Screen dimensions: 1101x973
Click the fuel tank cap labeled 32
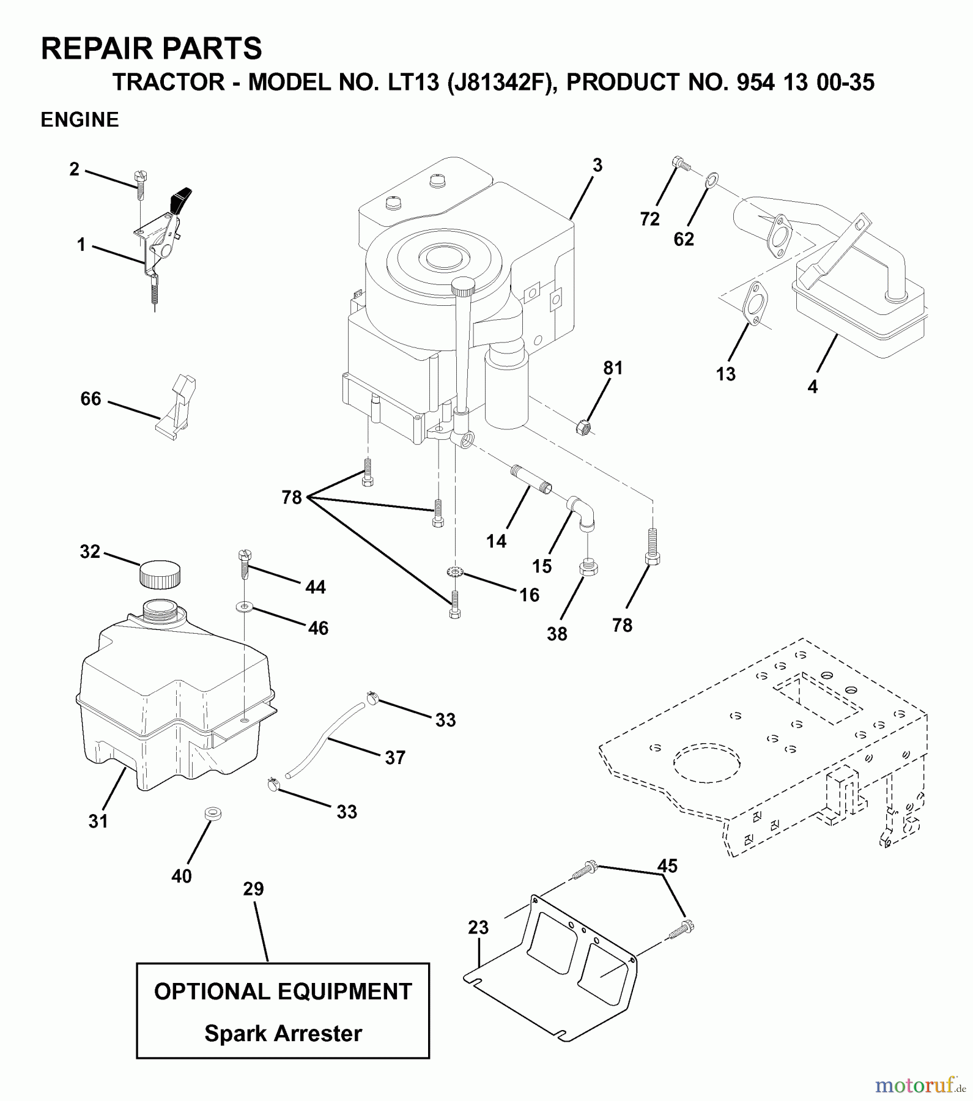(160, 574)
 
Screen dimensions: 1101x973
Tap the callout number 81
(612, 368)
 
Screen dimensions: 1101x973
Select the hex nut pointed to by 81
(583, 426)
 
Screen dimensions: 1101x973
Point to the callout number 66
(91, 399)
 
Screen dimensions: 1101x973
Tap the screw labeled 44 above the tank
(243, 564)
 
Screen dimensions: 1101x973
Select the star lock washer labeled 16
(454, 573)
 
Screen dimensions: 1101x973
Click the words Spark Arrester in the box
(283, 1033)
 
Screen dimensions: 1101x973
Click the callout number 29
(253, 889)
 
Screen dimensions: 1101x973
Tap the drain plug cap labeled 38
(588, 568)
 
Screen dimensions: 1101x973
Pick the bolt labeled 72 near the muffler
(681, 163)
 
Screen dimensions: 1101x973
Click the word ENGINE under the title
(80, 120)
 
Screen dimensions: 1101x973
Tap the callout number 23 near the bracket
(478, 927)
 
